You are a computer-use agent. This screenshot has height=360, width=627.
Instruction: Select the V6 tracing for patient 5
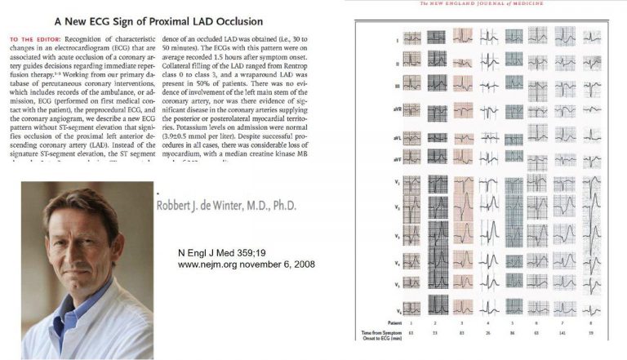click(514, 312)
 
